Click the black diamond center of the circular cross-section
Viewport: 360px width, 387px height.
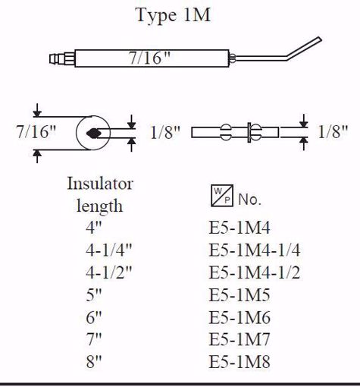tap(95, 133)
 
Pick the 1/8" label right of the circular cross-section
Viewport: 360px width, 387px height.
tap(164, 132)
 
